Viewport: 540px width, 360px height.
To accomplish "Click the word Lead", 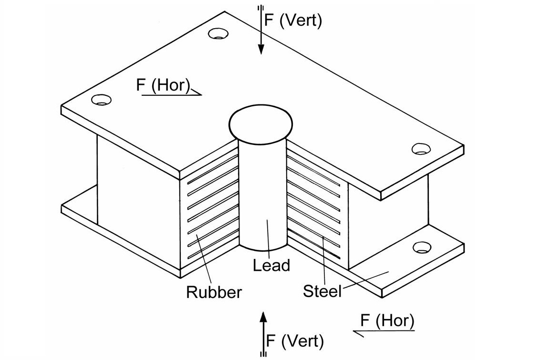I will point(271,265).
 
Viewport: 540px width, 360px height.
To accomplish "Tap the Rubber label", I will point(214,291).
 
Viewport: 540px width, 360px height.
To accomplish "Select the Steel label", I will point(322,290).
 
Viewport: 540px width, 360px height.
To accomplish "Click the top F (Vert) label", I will point(293,21).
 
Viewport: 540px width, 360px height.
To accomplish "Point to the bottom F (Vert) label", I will point(295,341).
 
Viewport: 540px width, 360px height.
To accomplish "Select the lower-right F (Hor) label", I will point(387,320).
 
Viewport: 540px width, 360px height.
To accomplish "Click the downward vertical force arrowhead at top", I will point(261,49).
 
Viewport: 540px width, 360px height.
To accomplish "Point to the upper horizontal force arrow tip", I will point(200,94).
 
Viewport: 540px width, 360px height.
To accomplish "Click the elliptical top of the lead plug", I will point(260,123).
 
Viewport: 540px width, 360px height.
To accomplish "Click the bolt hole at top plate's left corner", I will point(102,100).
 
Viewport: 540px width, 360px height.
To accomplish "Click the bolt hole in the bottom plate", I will point(422,247).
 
